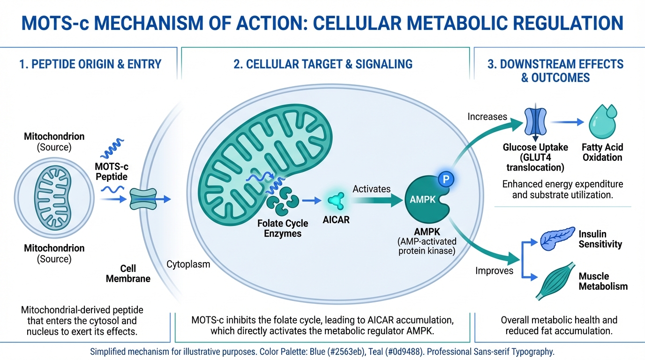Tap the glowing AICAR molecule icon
(x=336, y=201)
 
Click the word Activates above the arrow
(x=372, y=189)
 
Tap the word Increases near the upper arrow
(x=487, y=116)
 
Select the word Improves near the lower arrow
(x=495, y=270)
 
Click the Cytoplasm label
(x=188, y=264)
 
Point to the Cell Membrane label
(x=128, y=274)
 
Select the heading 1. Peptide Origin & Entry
(x=90, y=64)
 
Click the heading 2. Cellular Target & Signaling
(x=323, y=64)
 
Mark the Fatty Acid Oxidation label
(x=602, y=152)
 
